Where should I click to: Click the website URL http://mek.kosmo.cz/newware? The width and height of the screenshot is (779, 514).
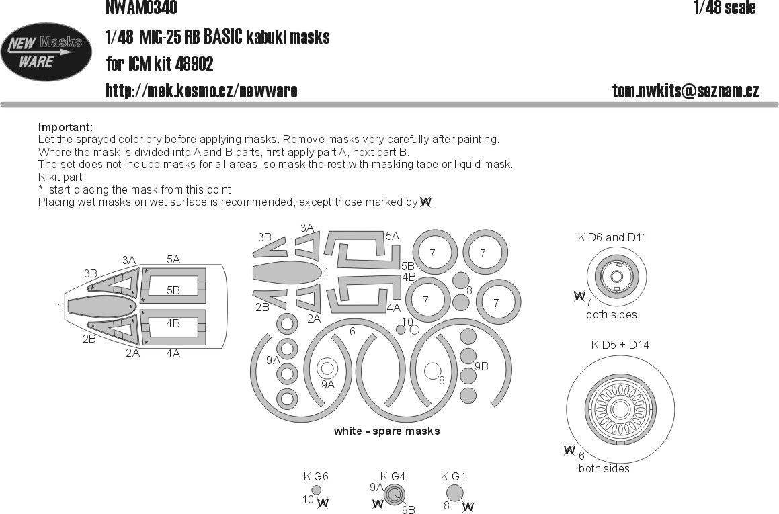pos(201,91)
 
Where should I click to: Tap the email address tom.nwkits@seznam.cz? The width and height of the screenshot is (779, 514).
pos(686,91)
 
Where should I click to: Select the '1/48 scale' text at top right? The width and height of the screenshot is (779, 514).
pos(725,8)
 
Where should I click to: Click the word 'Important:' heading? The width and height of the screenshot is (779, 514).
pos(65,128)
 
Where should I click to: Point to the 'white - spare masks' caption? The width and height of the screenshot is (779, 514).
pos(386,431)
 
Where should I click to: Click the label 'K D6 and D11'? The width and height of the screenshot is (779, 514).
pos(612,237)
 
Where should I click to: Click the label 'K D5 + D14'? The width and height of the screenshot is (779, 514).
pos(620,345)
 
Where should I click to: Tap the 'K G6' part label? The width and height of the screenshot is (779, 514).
pos(315,477)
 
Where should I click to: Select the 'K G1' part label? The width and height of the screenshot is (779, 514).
pos(453,477)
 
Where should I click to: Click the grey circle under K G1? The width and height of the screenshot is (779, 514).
pos(455,495)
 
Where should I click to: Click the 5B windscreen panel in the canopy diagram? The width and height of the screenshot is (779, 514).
pos(173,290)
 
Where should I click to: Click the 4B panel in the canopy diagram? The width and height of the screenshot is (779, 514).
pos(173,323)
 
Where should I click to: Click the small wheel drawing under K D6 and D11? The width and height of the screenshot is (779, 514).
pos(614,276)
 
